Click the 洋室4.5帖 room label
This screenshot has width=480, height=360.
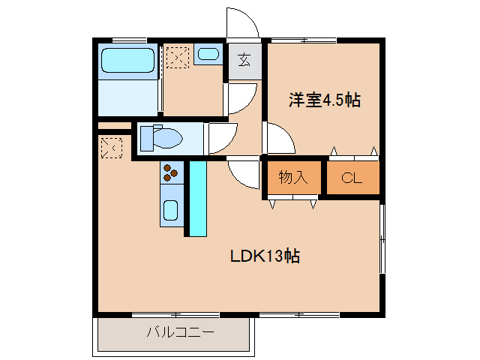point(325,100)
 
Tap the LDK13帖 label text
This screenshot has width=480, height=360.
point(265,256)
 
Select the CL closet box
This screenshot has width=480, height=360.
point(352,178)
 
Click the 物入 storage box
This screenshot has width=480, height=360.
point(293,178)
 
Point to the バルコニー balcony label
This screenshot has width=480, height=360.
point(180,331)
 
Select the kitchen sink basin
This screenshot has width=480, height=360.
point(171,211)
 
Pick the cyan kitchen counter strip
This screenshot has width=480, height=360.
point(197,199)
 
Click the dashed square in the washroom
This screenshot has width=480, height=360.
point(178,57)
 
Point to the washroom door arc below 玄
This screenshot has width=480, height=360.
point(241,98)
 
